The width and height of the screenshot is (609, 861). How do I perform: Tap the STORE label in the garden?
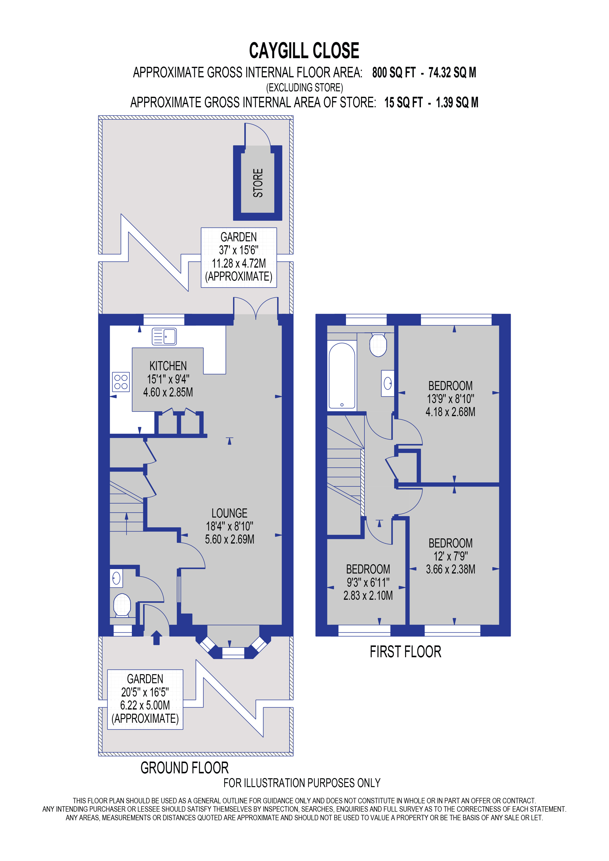(x=258, y=183)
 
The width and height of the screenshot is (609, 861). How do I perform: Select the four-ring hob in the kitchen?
(x=121, y=382)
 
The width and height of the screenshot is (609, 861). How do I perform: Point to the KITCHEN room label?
(x=168, y=366)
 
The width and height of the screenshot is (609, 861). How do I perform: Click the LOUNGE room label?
(x=230, y=513)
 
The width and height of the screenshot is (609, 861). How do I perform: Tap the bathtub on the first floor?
(x=342, y=375)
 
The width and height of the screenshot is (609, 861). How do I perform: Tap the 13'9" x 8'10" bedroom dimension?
(x=450, y=399)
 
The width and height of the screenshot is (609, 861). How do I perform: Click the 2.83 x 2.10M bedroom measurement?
(x=368, y=596)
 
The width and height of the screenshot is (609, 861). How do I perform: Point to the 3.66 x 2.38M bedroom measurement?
(x=450, y=569)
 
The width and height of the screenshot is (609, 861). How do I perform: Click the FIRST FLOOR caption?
(x=405, y=652)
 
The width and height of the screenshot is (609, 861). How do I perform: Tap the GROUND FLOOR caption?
(x=184, y=768)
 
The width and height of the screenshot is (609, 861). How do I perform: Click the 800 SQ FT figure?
(x=394, y=73)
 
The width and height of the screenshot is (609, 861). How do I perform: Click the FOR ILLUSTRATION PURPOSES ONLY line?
(x=302, y=783)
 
